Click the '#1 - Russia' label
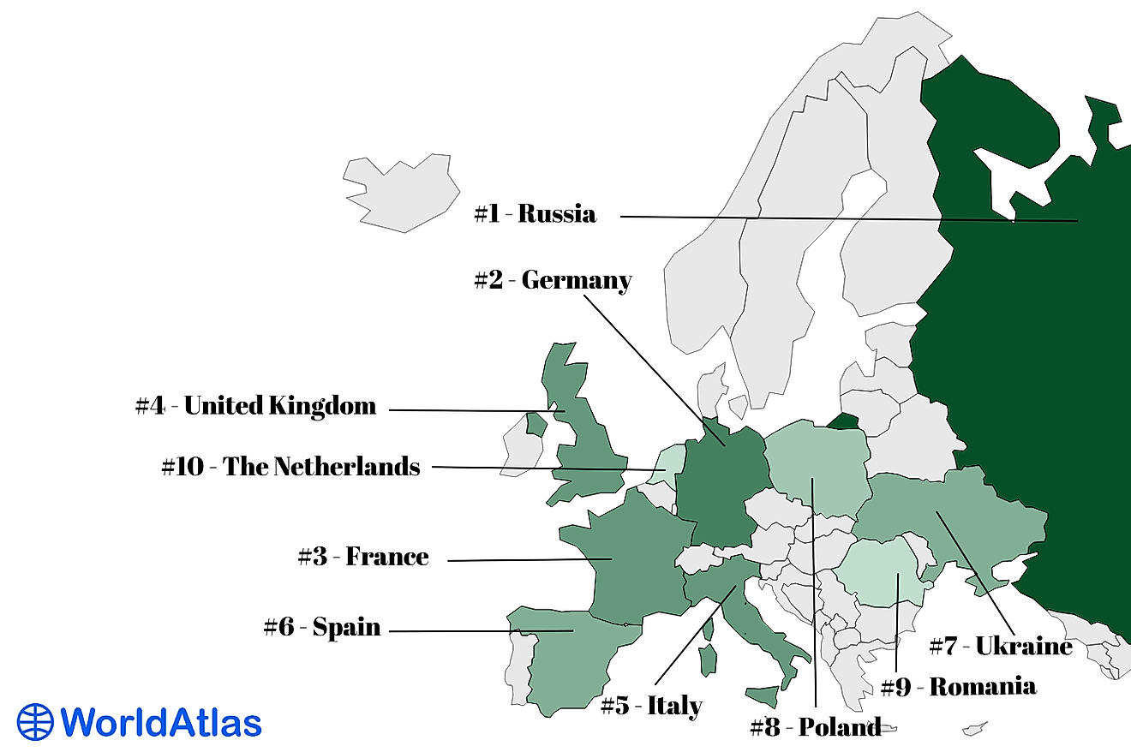[x=535, y=213]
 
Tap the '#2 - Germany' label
[x=553, y=280]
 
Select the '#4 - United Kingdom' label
[x=255, y=405]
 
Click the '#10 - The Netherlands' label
[x=290, y=467]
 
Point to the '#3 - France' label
[x=363, y=557]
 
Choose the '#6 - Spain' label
[x=322, y=627]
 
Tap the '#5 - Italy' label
[x=651, y=706]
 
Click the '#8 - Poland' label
[x=815, y=728]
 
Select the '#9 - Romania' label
[x=958, y=686]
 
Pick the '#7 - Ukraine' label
[x=1000, y=646]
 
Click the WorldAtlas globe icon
[x=35, y=721]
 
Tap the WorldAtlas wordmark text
[x=161, y=722]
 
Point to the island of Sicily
[x=762, y=695]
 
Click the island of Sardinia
[x=708, y=659]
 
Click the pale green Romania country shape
[x=881, y=572]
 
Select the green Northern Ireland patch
[x=536, y=423]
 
